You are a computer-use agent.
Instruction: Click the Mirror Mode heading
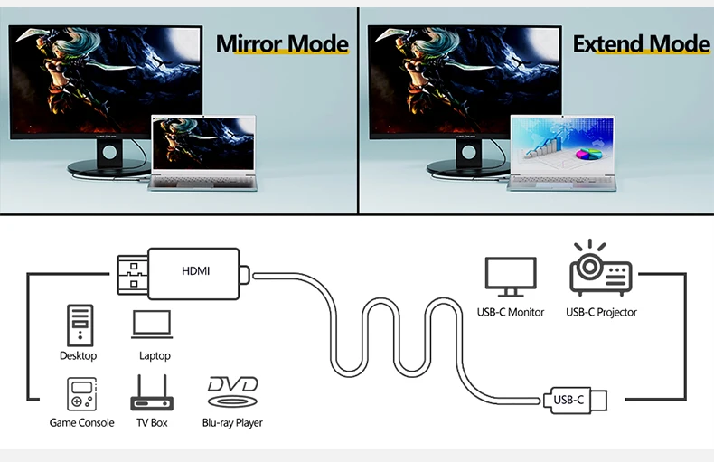point(282,43)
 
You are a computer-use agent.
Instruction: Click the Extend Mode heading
point(641,43)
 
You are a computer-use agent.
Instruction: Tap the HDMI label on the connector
point(196,270)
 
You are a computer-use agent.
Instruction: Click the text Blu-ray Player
point(232,422)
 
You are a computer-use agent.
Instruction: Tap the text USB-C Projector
point(601,312)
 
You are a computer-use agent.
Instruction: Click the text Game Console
point(82,422)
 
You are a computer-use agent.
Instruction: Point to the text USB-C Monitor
point(511,312)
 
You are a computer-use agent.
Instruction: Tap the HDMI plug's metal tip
point(130,271)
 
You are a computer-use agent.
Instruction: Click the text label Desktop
point(79,355)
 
